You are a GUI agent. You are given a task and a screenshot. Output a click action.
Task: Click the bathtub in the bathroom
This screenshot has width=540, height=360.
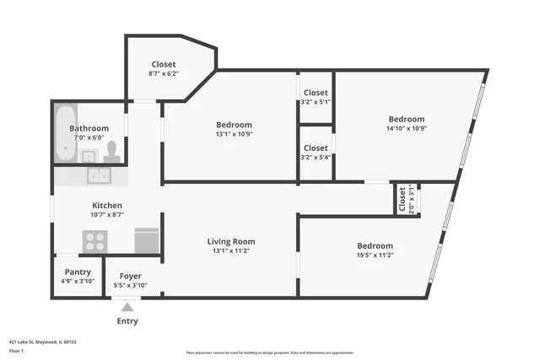(x=66, y=134)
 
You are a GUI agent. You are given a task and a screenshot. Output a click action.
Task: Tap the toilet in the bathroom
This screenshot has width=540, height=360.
(x=111, y=151)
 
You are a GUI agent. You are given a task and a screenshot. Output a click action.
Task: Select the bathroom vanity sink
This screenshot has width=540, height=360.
(x=88, y=155)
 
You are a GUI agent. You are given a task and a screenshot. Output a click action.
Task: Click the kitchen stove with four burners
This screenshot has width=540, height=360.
(x=94, y=241)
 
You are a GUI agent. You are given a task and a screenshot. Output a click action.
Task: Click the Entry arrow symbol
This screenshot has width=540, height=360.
(x=127, y=307)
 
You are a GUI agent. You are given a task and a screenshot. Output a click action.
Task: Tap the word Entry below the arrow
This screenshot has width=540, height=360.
(x=127, y=321)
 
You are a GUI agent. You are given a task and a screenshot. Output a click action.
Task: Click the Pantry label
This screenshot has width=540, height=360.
(x=78, y=271)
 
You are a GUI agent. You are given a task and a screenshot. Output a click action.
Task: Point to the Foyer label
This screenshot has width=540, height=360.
(x=130, y=276)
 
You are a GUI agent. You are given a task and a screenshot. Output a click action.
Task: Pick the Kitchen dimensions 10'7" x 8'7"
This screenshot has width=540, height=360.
(x=107, y=215)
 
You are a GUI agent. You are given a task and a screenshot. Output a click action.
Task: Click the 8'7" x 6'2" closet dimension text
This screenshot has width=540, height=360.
(x=164, y=74)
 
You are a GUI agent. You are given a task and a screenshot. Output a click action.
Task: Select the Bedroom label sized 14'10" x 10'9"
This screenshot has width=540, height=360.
(x=406, y=119)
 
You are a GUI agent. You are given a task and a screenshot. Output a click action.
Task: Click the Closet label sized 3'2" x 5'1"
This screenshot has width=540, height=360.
(x=316, y=93)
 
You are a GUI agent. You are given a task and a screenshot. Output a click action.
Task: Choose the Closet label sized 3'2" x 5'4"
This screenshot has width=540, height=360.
(x=316, y=148)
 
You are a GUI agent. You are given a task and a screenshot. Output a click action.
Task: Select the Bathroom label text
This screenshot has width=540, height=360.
(x=89, y=127)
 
